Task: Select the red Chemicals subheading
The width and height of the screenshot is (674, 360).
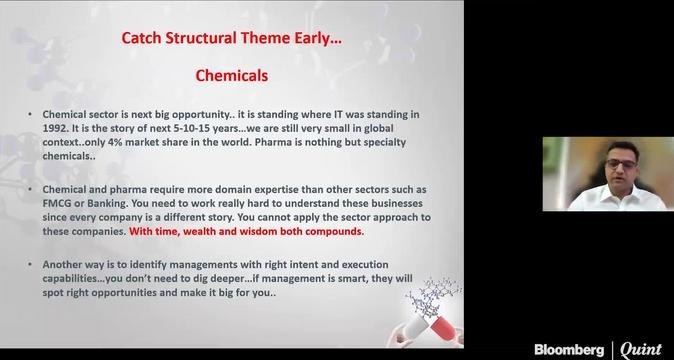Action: click(x=231, y=75)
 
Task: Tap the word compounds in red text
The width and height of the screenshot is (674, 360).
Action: click(x=334, y=231)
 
